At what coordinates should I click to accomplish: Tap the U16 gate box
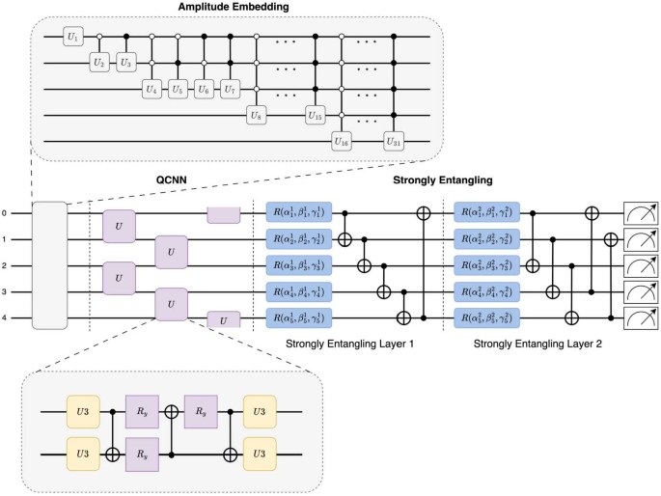pyautogui.click(x=342, y=141)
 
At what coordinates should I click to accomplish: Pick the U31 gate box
pyautogui.click(x=394, y=141)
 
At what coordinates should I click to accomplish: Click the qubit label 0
pyautogui.click(x=5, y=212)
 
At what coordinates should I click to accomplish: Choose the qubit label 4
pyautogui.click(x=5, y=316)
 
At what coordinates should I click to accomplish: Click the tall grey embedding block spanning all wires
pyautogui.click(x=49, y=264)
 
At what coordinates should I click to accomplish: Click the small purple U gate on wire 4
pyautogui.click(x=224, y=317)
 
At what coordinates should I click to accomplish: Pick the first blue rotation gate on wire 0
pyautogui.click(x=298, y=211)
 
